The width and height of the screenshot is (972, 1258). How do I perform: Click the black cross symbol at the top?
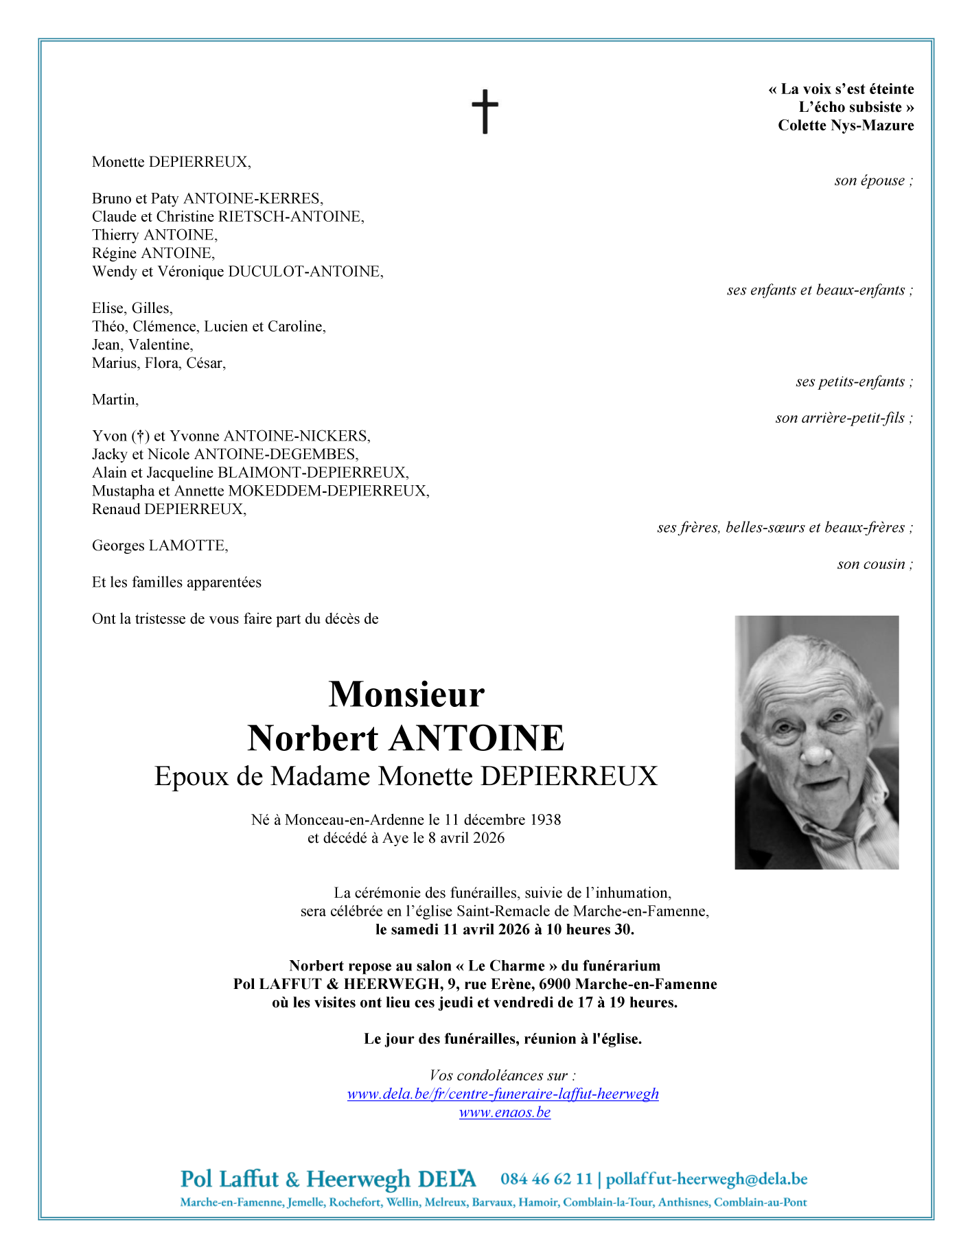click(485, 111)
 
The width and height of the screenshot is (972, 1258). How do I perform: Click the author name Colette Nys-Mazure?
click(845, 126)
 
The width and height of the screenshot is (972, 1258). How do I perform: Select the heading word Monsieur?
click(406, 694)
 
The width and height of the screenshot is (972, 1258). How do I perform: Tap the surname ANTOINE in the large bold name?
click(476, 738)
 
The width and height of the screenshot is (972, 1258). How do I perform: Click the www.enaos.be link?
click(505, 1113)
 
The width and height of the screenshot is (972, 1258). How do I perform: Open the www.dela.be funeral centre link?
click(502, 1094)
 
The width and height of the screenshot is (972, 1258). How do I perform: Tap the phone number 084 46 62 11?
click(546, 1179)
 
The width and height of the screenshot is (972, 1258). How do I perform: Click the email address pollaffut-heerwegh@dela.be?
click(706, 1179)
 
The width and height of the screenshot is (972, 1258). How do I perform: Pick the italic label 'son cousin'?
click(874, 564)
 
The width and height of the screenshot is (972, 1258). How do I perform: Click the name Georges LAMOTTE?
click(159, 546)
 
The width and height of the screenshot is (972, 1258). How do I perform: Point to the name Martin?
click(115, 399)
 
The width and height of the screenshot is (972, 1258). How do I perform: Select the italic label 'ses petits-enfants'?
click(853, 382)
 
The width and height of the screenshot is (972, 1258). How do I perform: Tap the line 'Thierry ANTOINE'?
click(154, 235)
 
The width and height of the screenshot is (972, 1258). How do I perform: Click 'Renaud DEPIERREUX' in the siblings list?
click(168, 509)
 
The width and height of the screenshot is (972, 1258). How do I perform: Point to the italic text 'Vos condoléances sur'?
click(502, 1075)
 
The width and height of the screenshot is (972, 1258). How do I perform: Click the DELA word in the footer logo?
click(446, 1179)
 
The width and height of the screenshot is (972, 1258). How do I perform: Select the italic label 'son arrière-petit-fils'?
click(843, 418)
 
